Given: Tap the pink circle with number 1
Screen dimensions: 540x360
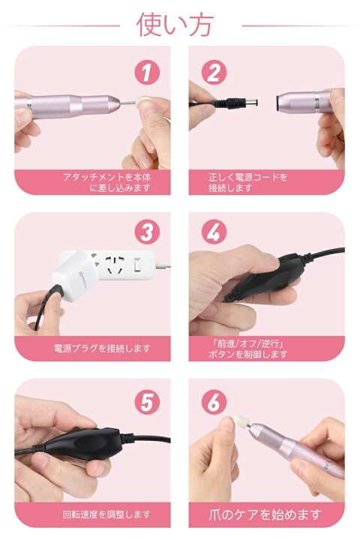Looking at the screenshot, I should tap(147, 72).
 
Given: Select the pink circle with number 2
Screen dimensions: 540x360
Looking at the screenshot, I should tap(214, 72).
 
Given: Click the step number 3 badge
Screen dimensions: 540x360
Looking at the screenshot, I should tap(147, 232).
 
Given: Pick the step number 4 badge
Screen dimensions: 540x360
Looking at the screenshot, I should tap(214, 232).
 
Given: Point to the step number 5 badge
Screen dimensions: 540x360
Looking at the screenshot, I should tap(147, 399).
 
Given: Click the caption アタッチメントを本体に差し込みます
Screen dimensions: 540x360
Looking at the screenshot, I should tap(92, 182).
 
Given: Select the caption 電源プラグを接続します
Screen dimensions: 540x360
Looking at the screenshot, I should tap(92, 348).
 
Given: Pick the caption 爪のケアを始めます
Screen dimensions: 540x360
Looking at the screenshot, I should tap(267, 514).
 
